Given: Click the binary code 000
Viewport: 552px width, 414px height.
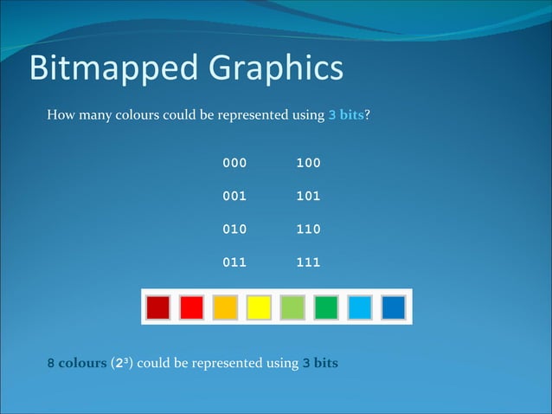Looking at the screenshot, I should (x=234, y=163).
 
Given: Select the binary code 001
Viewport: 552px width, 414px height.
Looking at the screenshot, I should (x=234, y=196).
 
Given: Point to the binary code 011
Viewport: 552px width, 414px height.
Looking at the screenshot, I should (x=234, y=262).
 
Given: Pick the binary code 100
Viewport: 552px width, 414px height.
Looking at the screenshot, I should (x=308, y=163).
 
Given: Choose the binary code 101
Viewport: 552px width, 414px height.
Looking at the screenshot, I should (x=308, y=196).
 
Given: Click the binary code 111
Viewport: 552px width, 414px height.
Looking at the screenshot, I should (x=308, y=262).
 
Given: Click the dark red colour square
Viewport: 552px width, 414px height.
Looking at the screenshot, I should (x=158, y=307).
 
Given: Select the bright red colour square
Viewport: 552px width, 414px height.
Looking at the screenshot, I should (x=192, y=307).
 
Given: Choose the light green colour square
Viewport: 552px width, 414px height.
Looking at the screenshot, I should (x=292, y=307).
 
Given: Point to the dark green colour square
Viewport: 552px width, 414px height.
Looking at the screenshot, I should (x=326, y=307).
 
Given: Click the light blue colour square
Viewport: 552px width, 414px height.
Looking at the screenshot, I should (x=360, y=307).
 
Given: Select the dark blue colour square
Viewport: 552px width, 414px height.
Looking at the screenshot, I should (x=394, y=307).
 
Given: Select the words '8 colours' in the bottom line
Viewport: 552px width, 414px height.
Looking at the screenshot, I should (x=76, y=363).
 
